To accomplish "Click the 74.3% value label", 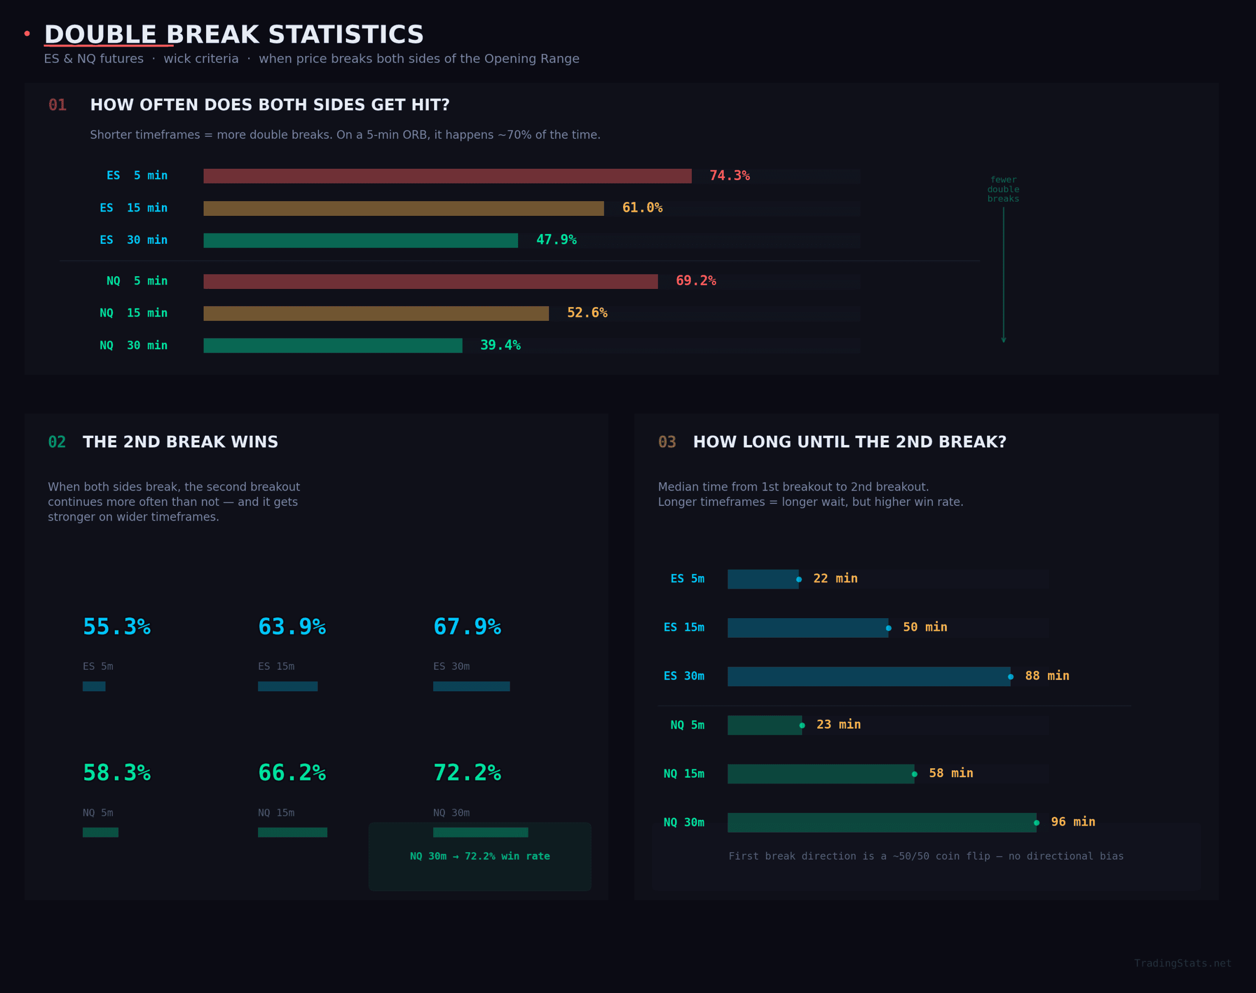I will [x=729, y=176].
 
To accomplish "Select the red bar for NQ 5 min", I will [x=430, y=282].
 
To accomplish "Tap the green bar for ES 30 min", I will [x=361, y=240].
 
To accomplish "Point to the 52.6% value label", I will [x=587, y=313].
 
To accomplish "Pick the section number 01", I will [x=57, y=105].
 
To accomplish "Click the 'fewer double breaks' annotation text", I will [x=1003, y=189].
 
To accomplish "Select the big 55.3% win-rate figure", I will [x=116, y=627].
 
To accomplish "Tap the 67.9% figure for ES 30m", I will [x=467, y=627].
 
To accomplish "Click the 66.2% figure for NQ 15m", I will [x=291, y=773].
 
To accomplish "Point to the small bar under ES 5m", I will [x=94, y=686].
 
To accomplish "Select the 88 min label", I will [x=1047, y=676].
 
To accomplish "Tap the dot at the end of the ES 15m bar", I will [x=889, y=628].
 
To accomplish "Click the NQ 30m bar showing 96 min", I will [x=881, y=822].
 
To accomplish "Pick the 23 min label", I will [x=838, y=725].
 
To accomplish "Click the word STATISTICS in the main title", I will [x=345, y=35].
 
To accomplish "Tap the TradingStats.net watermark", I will [x=1182, y=964].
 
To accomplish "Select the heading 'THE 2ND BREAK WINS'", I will [x=180, y=442].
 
